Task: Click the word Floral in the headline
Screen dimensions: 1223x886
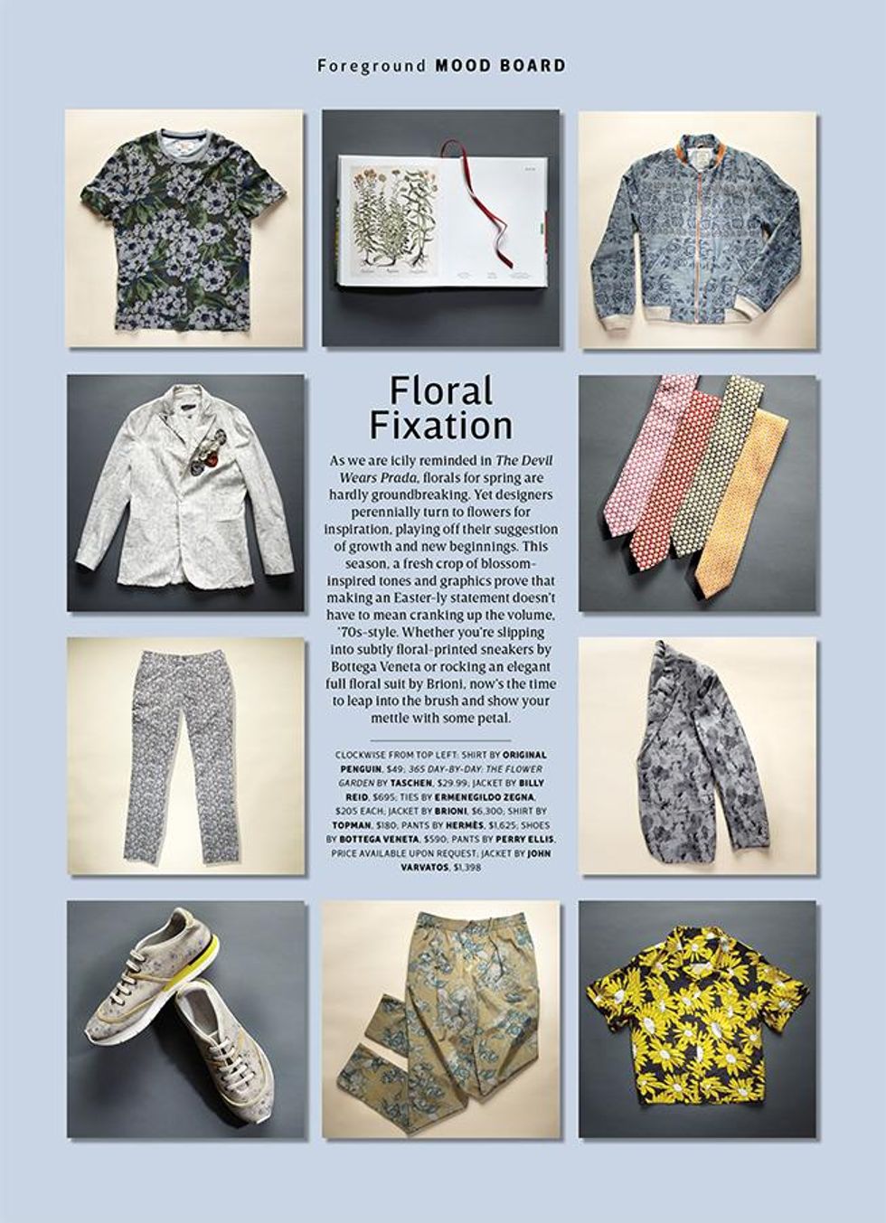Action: [x=441, y=391]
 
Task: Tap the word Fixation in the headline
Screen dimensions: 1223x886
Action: [x=440, y=425]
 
